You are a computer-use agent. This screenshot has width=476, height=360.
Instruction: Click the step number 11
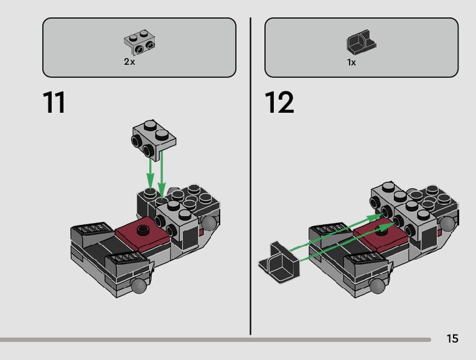54,103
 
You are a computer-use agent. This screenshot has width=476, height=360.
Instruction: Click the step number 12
279,103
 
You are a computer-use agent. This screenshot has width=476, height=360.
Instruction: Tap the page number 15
452,339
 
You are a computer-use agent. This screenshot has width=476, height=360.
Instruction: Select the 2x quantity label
129,62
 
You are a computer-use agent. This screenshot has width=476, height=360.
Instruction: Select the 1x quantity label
352,62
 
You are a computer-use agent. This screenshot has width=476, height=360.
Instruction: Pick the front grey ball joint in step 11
138,286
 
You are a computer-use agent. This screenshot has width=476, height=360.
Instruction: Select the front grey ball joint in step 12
376,286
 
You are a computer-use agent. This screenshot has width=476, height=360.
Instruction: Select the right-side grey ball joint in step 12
447,224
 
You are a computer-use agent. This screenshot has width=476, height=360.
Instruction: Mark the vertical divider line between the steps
251,174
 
